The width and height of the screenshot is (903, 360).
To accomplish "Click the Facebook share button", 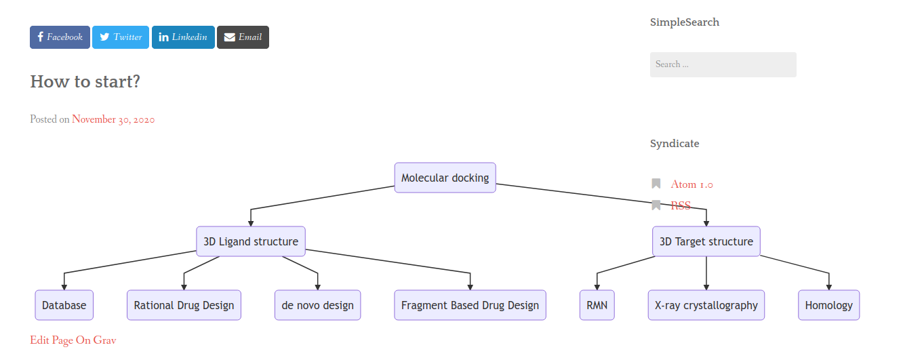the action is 60,37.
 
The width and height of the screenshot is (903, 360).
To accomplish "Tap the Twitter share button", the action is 121,37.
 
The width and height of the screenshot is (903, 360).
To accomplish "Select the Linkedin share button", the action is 183,37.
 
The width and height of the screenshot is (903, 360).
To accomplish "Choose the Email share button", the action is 243,37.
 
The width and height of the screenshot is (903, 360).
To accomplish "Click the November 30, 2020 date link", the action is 113,119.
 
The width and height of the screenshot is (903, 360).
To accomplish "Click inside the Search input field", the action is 723,64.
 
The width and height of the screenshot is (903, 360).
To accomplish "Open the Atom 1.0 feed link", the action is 691,184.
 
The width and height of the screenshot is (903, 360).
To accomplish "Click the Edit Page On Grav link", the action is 73,340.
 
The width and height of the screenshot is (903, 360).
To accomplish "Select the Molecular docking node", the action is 445,178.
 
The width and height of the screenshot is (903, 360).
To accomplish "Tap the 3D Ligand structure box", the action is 251,241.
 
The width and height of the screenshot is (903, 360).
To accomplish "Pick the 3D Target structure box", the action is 706,241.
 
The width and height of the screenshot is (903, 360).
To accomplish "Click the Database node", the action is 64,305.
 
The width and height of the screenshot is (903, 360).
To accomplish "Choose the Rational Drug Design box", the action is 184,305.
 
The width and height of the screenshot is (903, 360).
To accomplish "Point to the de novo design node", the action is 318,305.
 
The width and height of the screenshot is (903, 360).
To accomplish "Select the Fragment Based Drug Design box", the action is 470,305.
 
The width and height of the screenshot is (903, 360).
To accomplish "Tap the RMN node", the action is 597,305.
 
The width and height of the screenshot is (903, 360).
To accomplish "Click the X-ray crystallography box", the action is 706,305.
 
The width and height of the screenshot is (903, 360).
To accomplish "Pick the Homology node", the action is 829,305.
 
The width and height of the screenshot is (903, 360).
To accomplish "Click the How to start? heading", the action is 85,81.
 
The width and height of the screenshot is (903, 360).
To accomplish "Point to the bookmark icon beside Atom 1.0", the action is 656,184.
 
